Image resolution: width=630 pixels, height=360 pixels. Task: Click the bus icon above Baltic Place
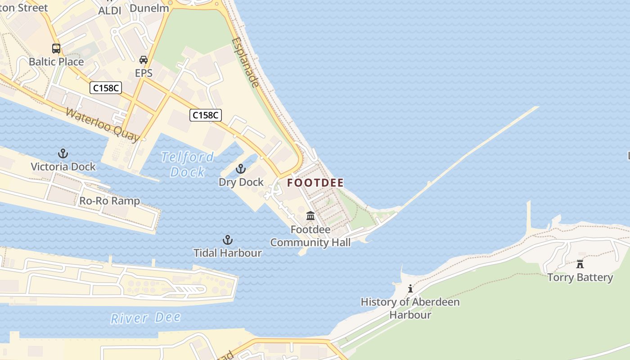point(56,49)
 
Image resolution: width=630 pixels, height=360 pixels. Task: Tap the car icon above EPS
point(143,60)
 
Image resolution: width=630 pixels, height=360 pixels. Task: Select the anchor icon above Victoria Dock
point(63,154)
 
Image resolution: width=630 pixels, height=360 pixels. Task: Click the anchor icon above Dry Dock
point(241,169)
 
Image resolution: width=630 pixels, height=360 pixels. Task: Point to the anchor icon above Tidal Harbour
point(228,240)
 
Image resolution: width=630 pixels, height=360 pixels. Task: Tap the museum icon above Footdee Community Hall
point(310,216)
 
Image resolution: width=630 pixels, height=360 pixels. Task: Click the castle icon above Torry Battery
point(580,264)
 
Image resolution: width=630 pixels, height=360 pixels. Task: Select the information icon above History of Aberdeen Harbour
point(410,288)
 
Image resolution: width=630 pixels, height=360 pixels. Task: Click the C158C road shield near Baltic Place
point(106,88)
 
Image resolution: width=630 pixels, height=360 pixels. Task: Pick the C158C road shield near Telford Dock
point(206,115)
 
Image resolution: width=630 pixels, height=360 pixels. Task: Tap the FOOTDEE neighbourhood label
point(315,183)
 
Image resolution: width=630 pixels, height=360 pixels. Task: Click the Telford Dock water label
point(188,164)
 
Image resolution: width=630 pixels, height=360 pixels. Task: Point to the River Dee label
point(145,318)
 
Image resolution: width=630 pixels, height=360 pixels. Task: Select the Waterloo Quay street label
point(102,124)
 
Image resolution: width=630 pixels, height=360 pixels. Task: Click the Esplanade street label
point(246,63)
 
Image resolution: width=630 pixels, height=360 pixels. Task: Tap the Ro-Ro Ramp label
point(109,201)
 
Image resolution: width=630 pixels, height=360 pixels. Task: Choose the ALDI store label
point(110,10)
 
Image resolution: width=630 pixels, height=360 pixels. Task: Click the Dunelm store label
point(149,8)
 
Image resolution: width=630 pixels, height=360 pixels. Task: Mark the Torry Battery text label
point(580,277)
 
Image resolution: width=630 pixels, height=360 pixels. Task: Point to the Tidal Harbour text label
point(228,253)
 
